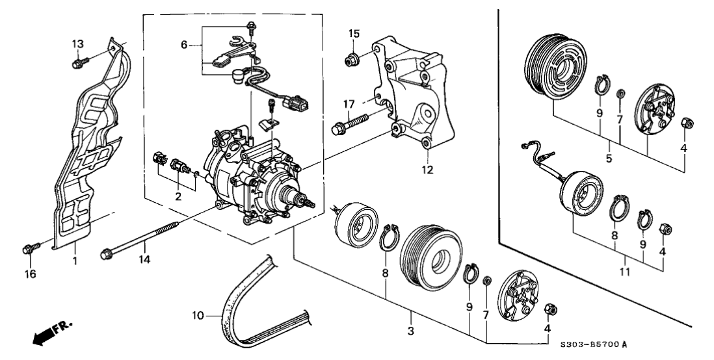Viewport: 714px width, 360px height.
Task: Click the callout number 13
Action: click(x=77, y=43)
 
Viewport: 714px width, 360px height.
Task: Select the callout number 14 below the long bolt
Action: click(x=144, y=259)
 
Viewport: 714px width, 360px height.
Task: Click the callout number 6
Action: click(x=184, y=45)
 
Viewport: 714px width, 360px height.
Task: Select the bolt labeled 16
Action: click(x=29, y=248)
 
